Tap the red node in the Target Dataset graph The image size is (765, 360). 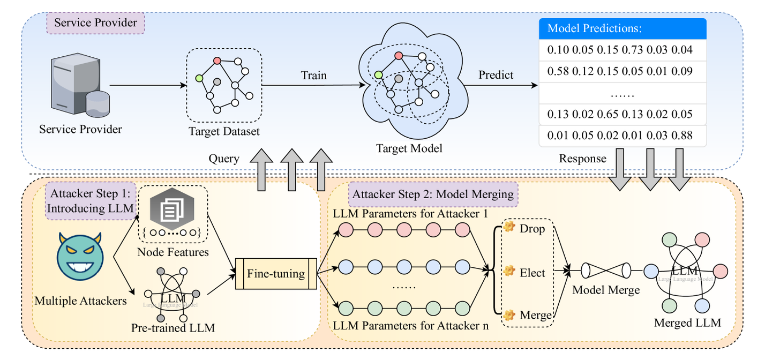pyautogui.click(x=217, y=61)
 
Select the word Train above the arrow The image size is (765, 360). pyautogui.click(x=314, y=75)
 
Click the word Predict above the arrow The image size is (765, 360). pyautogui.click(x=496, y=75)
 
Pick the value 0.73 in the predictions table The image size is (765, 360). pyautogui.click(x=632, y=50)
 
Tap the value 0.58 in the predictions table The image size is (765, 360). pyautogui.click(x=558, y=71)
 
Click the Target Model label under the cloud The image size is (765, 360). pyautogui.click(x=409, y=148)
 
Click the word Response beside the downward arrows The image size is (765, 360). pyautogui.click(x=583, y=159)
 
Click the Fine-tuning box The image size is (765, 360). pyautogui.click(x=276, y=274)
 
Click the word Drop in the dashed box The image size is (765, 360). pyautogui.click(x=532, y=229)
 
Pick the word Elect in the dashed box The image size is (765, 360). pyautogui.click(x=532, y=272)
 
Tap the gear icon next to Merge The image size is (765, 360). pyautogui.click(x=509, y=314)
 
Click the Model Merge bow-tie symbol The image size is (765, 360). pyautogui.click(x=606, y=271)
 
